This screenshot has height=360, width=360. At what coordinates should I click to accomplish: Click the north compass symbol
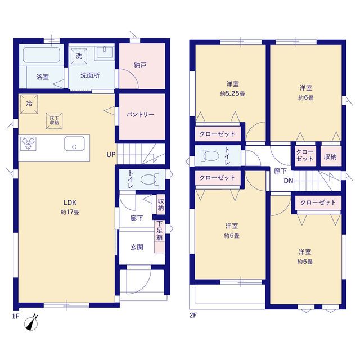coord(31,322)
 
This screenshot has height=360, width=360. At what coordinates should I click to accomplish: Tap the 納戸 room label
coord(140,65)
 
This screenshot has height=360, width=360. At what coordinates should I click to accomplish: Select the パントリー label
coord(140,115)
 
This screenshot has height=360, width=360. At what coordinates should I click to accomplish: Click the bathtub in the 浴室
coord(41,55)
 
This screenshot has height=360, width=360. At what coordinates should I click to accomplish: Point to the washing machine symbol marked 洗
coord(79,56)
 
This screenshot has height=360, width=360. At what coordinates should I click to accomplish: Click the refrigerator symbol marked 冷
coord(29,104)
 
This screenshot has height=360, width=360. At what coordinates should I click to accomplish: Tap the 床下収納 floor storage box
coord(55,120)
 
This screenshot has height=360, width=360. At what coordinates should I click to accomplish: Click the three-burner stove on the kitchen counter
coord(28,143)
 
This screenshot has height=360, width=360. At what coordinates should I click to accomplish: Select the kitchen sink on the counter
coord(74,143)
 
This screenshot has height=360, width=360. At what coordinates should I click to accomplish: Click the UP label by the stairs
coord(111,155)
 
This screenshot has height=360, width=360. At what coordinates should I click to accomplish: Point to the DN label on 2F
coord(289,181)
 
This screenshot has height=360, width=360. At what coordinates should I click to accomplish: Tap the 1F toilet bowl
coord(149,179)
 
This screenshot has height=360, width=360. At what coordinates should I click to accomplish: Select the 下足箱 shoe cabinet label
coord(160,231)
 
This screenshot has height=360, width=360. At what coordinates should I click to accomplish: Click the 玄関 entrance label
coord(137,247)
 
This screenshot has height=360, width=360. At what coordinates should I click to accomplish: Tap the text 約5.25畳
coord(232,94)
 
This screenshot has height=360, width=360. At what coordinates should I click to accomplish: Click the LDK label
coord(70,202)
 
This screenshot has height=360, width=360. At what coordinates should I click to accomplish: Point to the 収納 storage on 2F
coord(330,157)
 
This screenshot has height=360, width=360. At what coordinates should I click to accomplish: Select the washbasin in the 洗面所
coord(105,53)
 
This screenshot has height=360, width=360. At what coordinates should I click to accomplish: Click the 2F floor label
coord(193,315)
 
